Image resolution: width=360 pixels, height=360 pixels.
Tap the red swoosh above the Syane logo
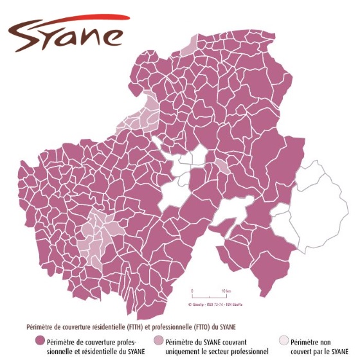(71, 19)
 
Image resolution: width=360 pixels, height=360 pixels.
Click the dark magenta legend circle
(40, 341)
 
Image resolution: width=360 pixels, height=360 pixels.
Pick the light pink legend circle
(158, 341)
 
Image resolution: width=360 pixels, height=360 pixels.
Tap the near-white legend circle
(283, 341)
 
